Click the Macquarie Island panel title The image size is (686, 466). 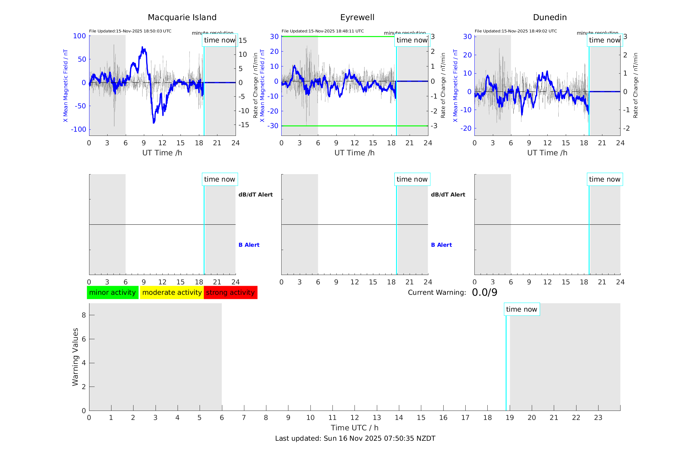(182, 18)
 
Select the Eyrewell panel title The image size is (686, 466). (357, 18)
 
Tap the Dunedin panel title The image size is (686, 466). (550, 18)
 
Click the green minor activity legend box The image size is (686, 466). (112, 293)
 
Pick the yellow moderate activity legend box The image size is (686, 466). (172, 293)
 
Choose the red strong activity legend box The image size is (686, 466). (230, 293)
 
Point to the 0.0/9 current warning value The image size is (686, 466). (484, 293)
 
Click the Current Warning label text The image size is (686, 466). (436, 293)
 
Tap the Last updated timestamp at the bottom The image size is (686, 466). (355, 438)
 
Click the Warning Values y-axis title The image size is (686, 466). (76, 357)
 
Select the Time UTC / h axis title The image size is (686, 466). (355, 428)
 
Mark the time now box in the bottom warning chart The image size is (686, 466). (521, 309)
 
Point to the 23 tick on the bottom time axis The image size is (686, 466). (598, 418)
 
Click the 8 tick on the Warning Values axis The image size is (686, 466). (84, 315)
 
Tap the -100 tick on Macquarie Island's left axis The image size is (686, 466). (78, 129)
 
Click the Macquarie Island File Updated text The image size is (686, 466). (130, 31)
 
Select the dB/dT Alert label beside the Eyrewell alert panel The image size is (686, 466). (448, 195)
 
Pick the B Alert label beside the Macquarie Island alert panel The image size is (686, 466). (249, 245)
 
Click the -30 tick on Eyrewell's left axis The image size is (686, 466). (274, 126)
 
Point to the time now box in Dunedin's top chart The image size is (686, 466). (604, 40)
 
